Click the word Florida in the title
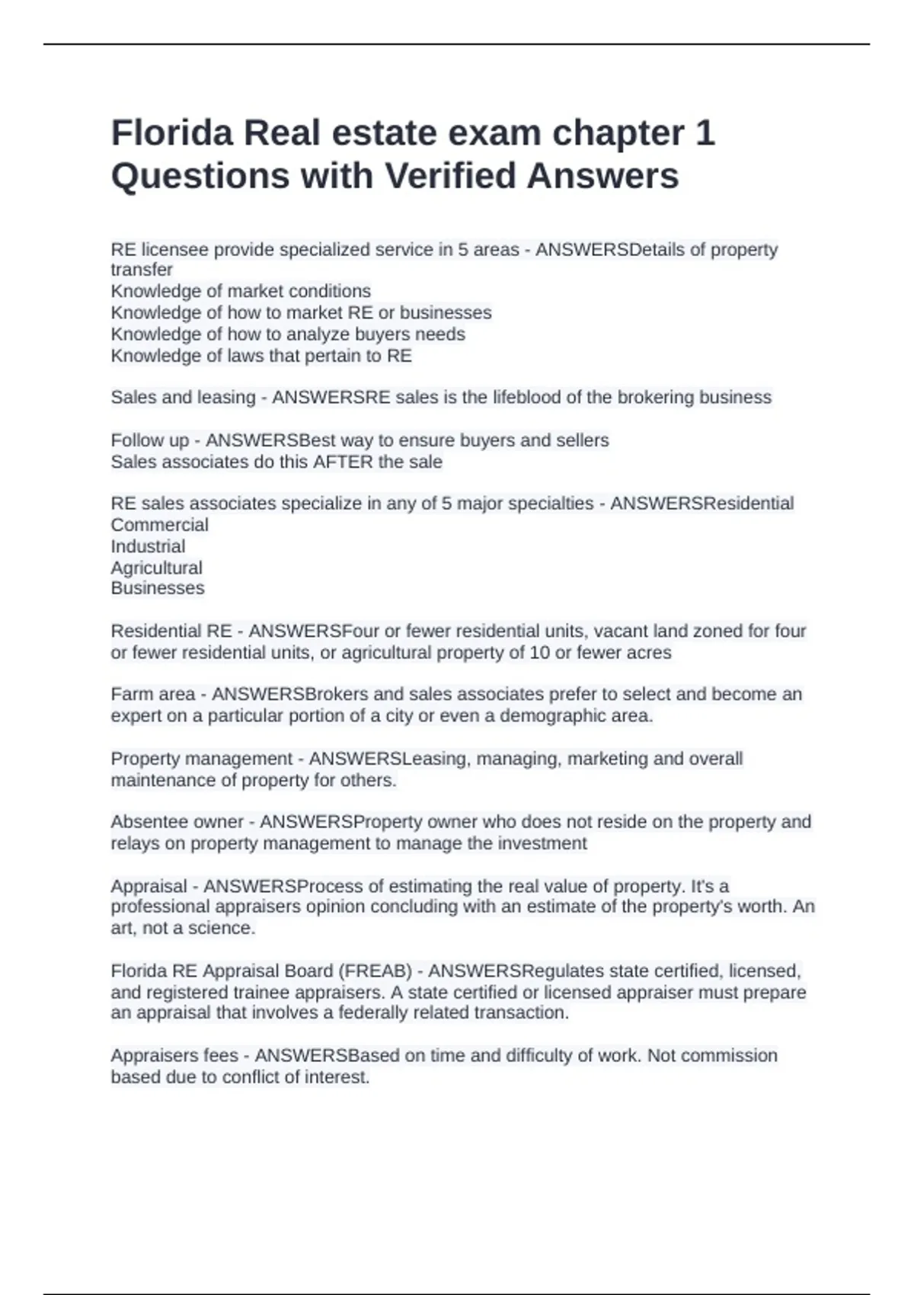pyautogui.click(x=172, y=133)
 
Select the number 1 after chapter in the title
pyautogui.click(x=705, y=133)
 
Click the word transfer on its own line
pyautogui.click(x=142, y=270)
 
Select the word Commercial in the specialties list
pyautogui.click(x=159, y=525)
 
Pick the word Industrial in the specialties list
pyautogui.click(x=148, y=546)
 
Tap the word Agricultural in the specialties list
pyautogui.click(x=156, y=568)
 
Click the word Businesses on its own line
pyautogui.click(x=158, y=588)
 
